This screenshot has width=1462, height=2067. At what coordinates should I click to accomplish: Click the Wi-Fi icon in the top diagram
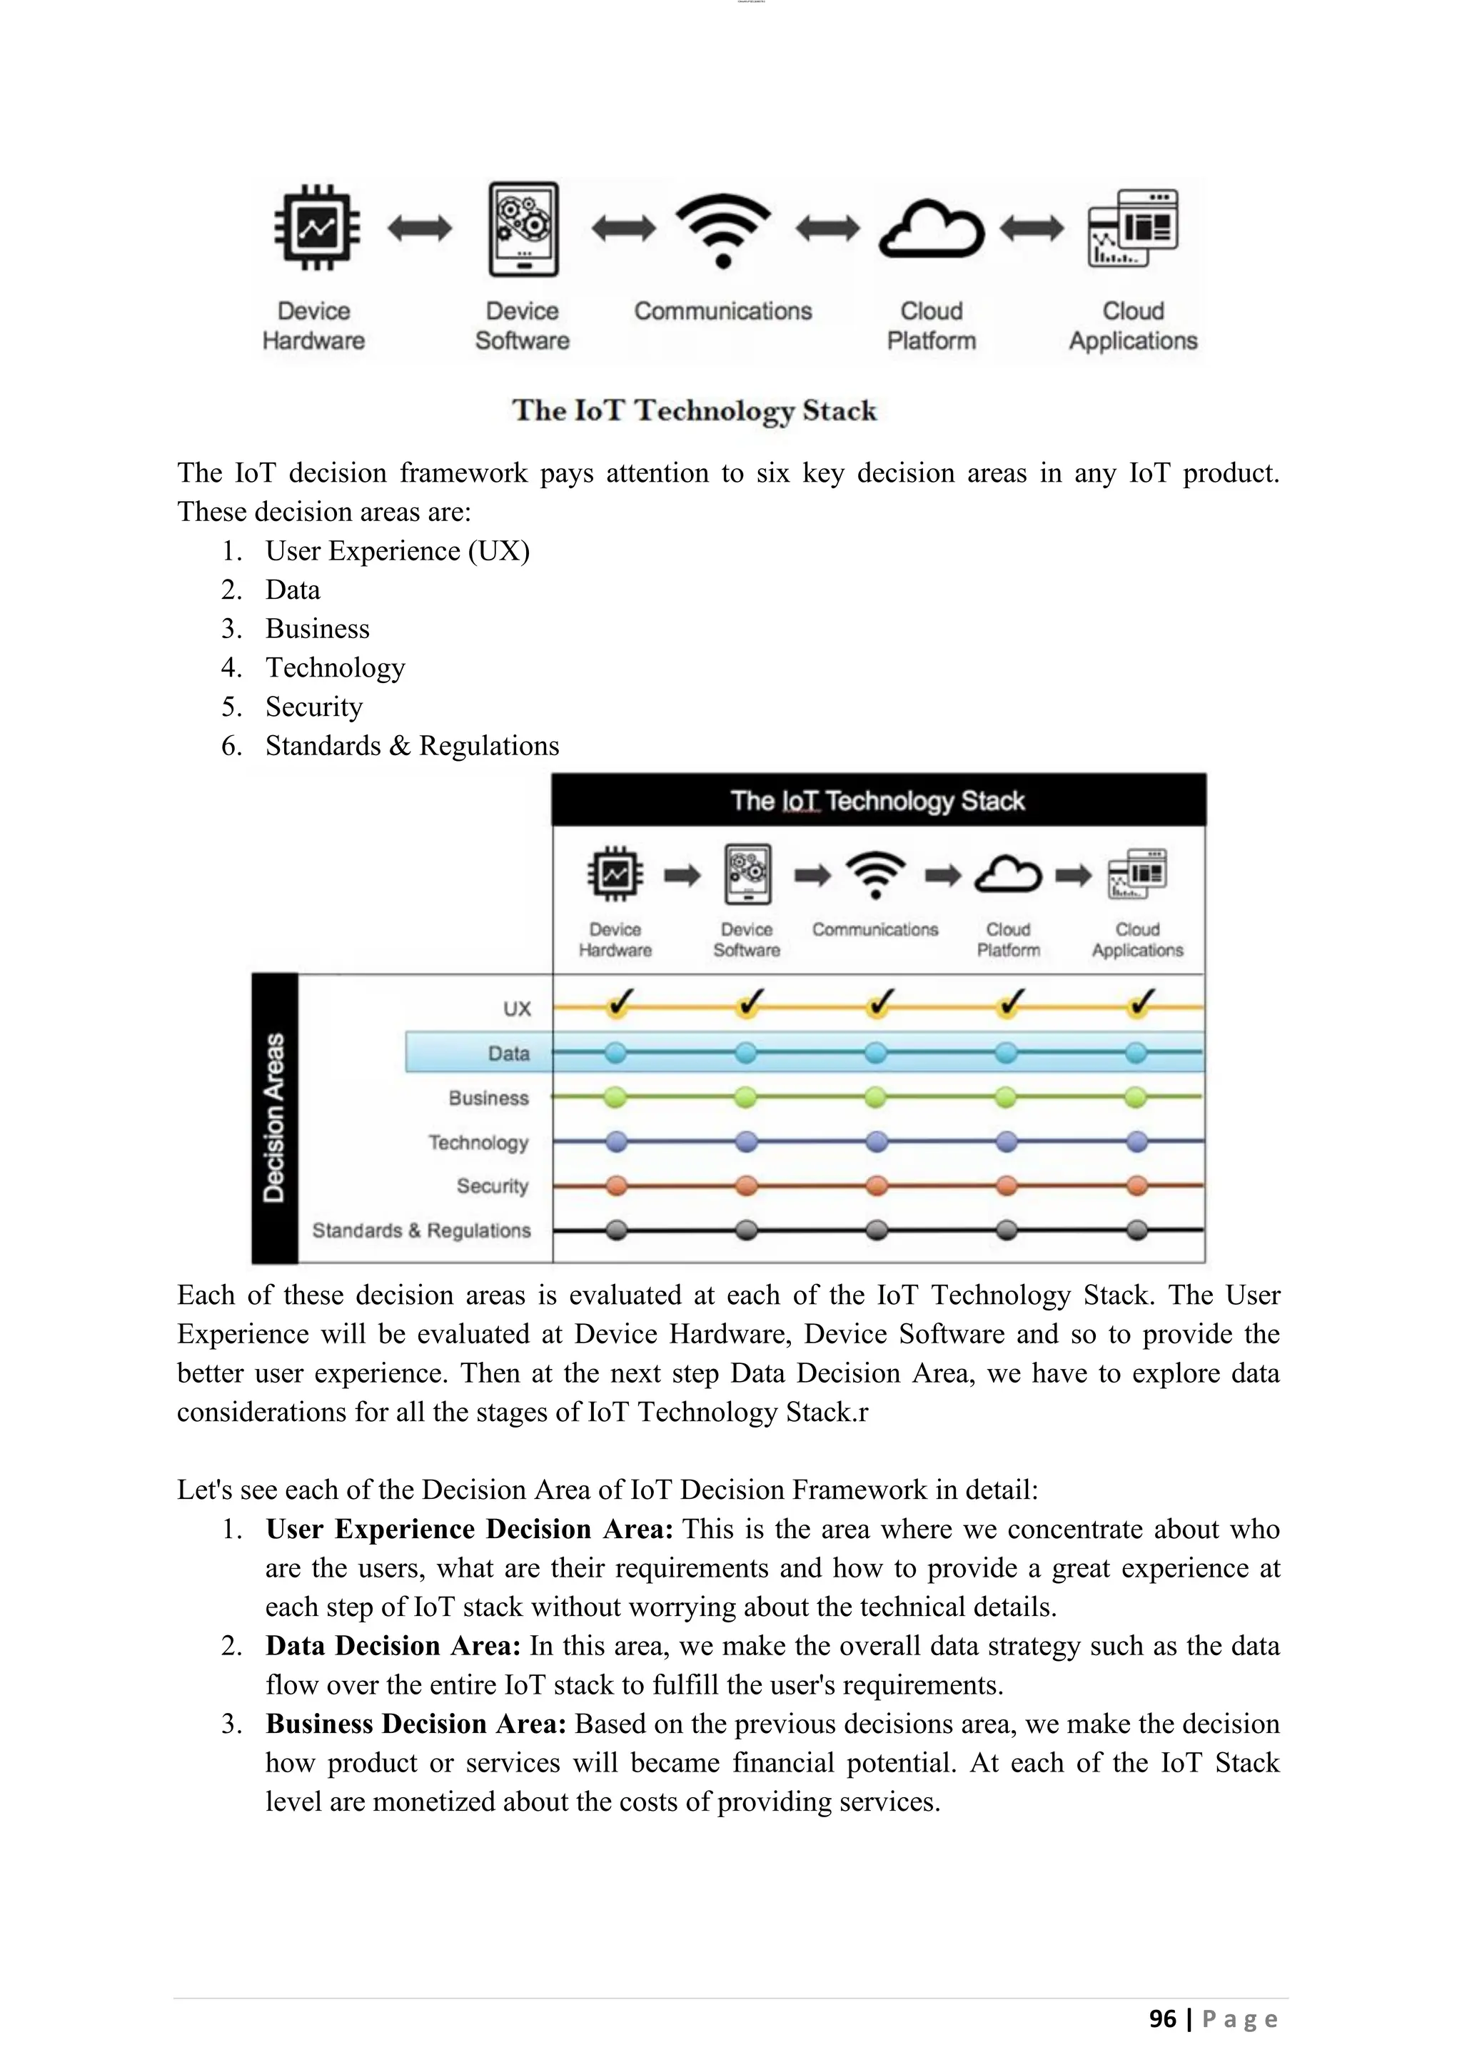point(723,230)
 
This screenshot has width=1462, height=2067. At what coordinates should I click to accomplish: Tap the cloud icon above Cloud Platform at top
point(931,230)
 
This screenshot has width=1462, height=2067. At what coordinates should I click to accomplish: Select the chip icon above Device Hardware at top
point(316,228)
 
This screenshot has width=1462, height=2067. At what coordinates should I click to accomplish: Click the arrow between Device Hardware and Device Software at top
point(420,228)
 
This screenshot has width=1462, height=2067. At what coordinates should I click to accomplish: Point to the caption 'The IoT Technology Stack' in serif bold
point(694,410)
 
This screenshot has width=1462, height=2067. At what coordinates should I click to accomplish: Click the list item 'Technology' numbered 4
point(335,668)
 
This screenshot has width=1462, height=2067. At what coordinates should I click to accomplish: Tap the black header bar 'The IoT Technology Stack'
point(878,800)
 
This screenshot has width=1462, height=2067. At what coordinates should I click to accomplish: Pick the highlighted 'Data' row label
point(509,1053)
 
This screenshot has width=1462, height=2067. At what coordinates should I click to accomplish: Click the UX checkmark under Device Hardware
point(617,1004)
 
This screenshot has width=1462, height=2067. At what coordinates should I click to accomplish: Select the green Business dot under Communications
point(875,1098)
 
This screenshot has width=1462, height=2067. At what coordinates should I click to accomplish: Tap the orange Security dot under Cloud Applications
point(1137,1186)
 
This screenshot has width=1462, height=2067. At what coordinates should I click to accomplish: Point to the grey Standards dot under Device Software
point(746,1230)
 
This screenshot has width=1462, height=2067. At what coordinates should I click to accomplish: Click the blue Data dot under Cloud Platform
point(1007,1052)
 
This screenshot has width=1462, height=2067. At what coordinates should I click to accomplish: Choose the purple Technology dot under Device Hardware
point(616,1141)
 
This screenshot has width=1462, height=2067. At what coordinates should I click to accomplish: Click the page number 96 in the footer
point(1163,2018)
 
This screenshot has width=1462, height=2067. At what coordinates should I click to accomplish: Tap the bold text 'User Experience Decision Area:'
point(469,1529)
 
